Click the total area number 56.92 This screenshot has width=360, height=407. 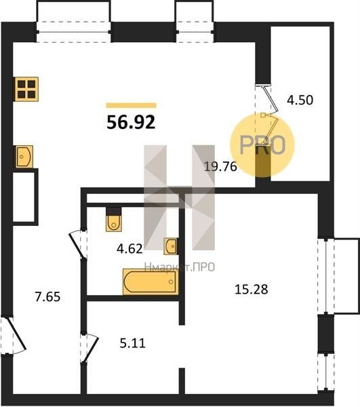tap(131, 122)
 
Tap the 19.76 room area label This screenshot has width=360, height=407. tap(220, 166)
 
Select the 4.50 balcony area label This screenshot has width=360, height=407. tap(300, 100)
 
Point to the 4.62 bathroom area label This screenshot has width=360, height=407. tap(129, 249)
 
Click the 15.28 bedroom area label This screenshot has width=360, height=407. tap(251, 289)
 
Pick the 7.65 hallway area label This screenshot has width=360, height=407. tap(47, 296)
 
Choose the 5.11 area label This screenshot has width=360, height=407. tap(132, 343)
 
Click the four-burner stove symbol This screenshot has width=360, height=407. tap(26, 89)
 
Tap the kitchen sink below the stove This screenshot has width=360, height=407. tap(24, 157)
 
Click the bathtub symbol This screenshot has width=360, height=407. tap(151, 282)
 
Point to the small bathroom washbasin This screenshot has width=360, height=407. tap(170, 246)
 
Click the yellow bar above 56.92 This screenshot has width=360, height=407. tap(132, 105)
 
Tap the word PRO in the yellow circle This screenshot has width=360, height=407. tap(262, 145)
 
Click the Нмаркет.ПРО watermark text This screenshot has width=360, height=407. tap(180, 267)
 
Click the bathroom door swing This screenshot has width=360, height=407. tap(77, 244)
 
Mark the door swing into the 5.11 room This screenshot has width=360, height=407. tap(89, 348)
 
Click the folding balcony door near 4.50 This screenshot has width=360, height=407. tap(270, 114)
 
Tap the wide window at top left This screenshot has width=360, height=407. tap(74, 32)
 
